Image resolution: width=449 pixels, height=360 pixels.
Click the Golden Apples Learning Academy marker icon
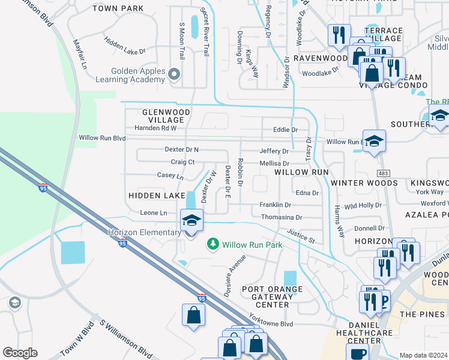[x=174, y=74]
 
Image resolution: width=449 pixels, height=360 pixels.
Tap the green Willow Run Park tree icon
[x=212, y=244]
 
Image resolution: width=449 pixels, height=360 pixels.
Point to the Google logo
[x=20, y=352]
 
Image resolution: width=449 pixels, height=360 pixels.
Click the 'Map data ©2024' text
[x=423, y=355]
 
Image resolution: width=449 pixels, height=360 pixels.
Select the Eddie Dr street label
[x=285, y=130]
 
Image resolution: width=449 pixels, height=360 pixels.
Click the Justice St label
[x=301, y=236]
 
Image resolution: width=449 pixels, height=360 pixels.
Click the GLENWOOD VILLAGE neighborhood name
[x=166, y=116]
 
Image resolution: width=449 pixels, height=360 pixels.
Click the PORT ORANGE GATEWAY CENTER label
[x=274, y=296]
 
